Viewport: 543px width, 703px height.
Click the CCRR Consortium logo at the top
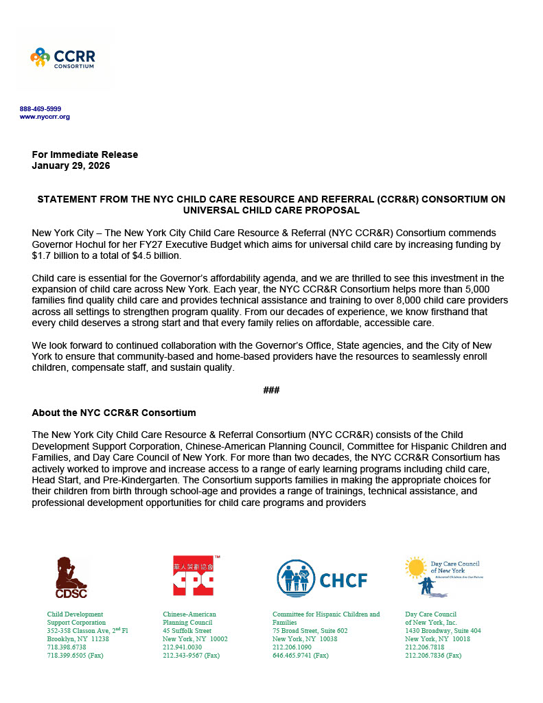(x=62, y=58)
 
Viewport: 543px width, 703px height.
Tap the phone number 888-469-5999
(x=41, y=109)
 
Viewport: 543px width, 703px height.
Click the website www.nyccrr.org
(x=45, y=117)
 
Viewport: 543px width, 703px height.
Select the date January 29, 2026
(x=71, y=165)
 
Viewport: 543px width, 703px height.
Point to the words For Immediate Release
(x=85, y=154)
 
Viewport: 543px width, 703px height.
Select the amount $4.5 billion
(x=159, y=255)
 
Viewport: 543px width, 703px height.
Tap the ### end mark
(x=271, y=390)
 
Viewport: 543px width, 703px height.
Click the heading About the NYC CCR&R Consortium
(x=114, y=413)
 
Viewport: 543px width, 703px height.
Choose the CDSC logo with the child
(x=71, y=577)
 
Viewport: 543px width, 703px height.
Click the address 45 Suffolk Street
(x=187, y=630)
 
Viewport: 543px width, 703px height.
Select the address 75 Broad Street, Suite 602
(x=310, y=630)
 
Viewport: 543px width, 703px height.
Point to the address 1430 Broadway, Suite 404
(x=443, y=630)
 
